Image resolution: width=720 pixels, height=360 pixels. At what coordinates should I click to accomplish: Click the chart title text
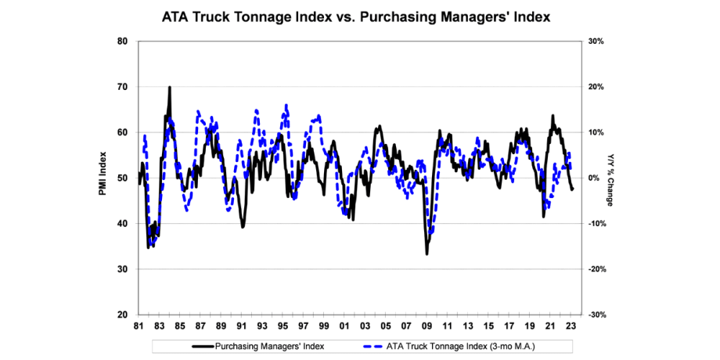[x=359, y=16]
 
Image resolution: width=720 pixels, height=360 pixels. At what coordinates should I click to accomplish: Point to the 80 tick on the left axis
[x=124, y=41]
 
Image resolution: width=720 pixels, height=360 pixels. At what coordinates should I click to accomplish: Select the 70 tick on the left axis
[x=124, y=87]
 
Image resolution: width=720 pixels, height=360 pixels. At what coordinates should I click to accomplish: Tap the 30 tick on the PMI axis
[x=124, y=269]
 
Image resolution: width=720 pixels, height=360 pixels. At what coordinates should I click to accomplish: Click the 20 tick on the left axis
[x=124, y=315]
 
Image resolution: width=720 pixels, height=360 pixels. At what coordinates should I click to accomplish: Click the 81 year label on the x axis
[x=139, y=326]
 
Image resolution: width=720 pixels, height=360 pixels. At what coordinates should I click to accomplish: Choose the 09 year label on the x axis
[x=427, y=326]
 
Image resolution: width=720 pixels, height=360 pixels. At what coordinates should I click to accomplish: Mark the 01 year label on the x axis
[x=344, y=326]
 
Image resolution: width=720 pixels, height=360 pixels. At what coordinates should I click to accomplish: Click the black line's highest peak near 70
[x=169, y=88]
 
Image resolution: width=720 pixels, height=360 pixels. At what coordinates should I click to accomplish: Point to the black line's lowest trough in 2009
[x=427, y=254]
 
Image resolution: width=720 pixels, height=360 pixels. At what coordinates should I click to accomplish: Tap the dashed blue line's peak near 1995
[x=286, y=105]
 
